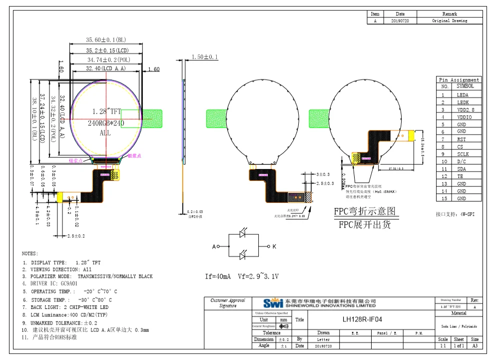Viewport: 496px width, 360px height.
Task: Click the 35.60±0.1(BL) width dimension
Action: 105,39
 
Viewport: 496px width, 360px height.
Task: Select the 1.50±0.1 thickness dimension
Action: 205,57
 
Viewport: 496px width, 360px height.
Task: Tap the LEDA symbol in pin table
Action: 463,94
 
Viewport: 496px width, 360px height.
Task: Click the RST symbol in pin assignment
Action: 462,139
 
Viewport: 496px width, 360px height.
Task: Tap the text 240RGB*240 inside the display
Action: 106,122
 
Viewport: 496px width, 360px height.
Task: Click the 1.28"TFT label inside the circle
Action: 106,110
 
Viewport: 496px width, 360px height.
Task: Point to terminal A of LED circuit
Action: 214,247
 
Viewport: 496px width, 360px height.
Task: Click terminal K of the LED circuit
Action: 274,247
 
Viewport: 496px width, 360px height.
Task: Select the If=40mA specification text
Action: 218,276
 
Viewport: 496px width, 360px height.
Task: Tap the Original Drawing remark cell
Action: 450,21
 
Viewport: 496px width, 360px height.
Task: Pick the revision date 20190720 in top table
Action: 400,21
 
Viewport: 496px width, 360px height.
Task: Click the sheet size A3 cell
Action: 475,345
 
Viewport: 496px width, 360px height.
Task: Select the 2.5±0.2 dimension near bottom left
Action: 75,235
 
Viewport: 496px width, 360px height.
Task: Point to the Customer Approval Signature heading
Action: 228,303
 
